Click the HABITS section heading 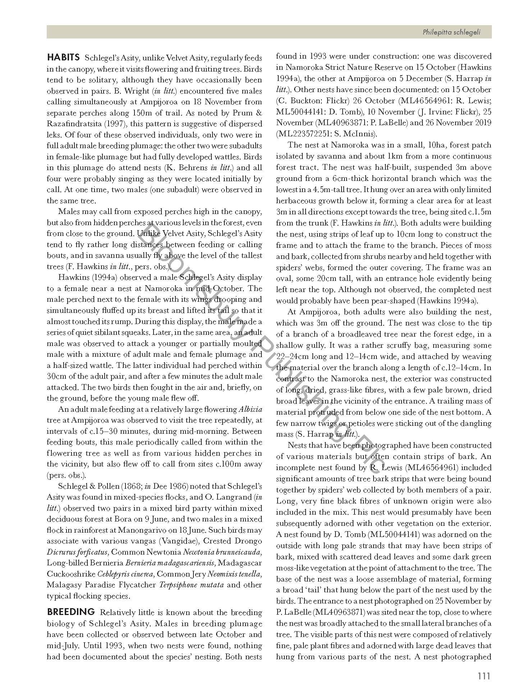[x=63, y=58]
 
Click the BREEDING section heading [x=70, y=612]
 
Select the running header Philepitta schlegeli [x=452, y=32]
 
